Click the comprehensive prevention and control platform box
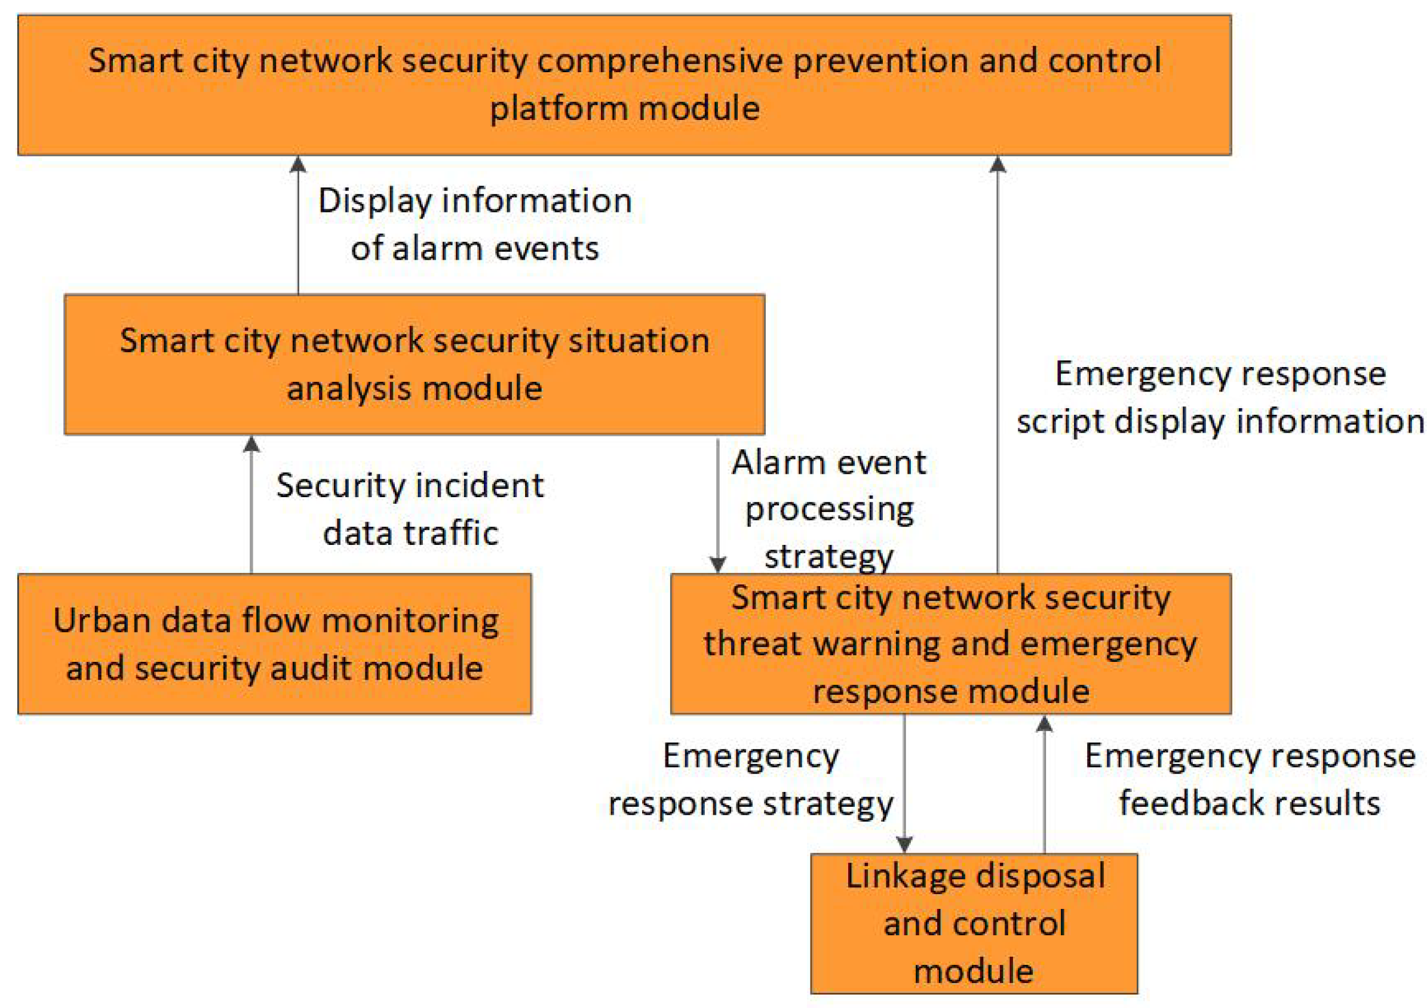click(x=624, y=85)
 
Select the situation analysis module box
click(x=415, y=365)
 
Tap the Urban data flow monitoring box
click(x=274, y=644)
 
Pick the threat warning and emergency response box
click(x=950, y=644)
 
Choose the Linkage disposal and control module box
click(x=974, y=923)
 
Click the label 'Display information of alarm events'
click(x=475, y=224)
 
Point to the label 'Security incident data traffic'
click(x=410, y=508)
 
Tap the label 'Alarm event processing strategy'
click(x=828, y=508)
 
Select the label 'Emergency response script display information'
click(x=1220, y=397)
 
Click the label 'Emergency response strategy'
click(x=751, y=779)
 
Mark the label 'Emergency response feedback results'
click(x=1249, y=779)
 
